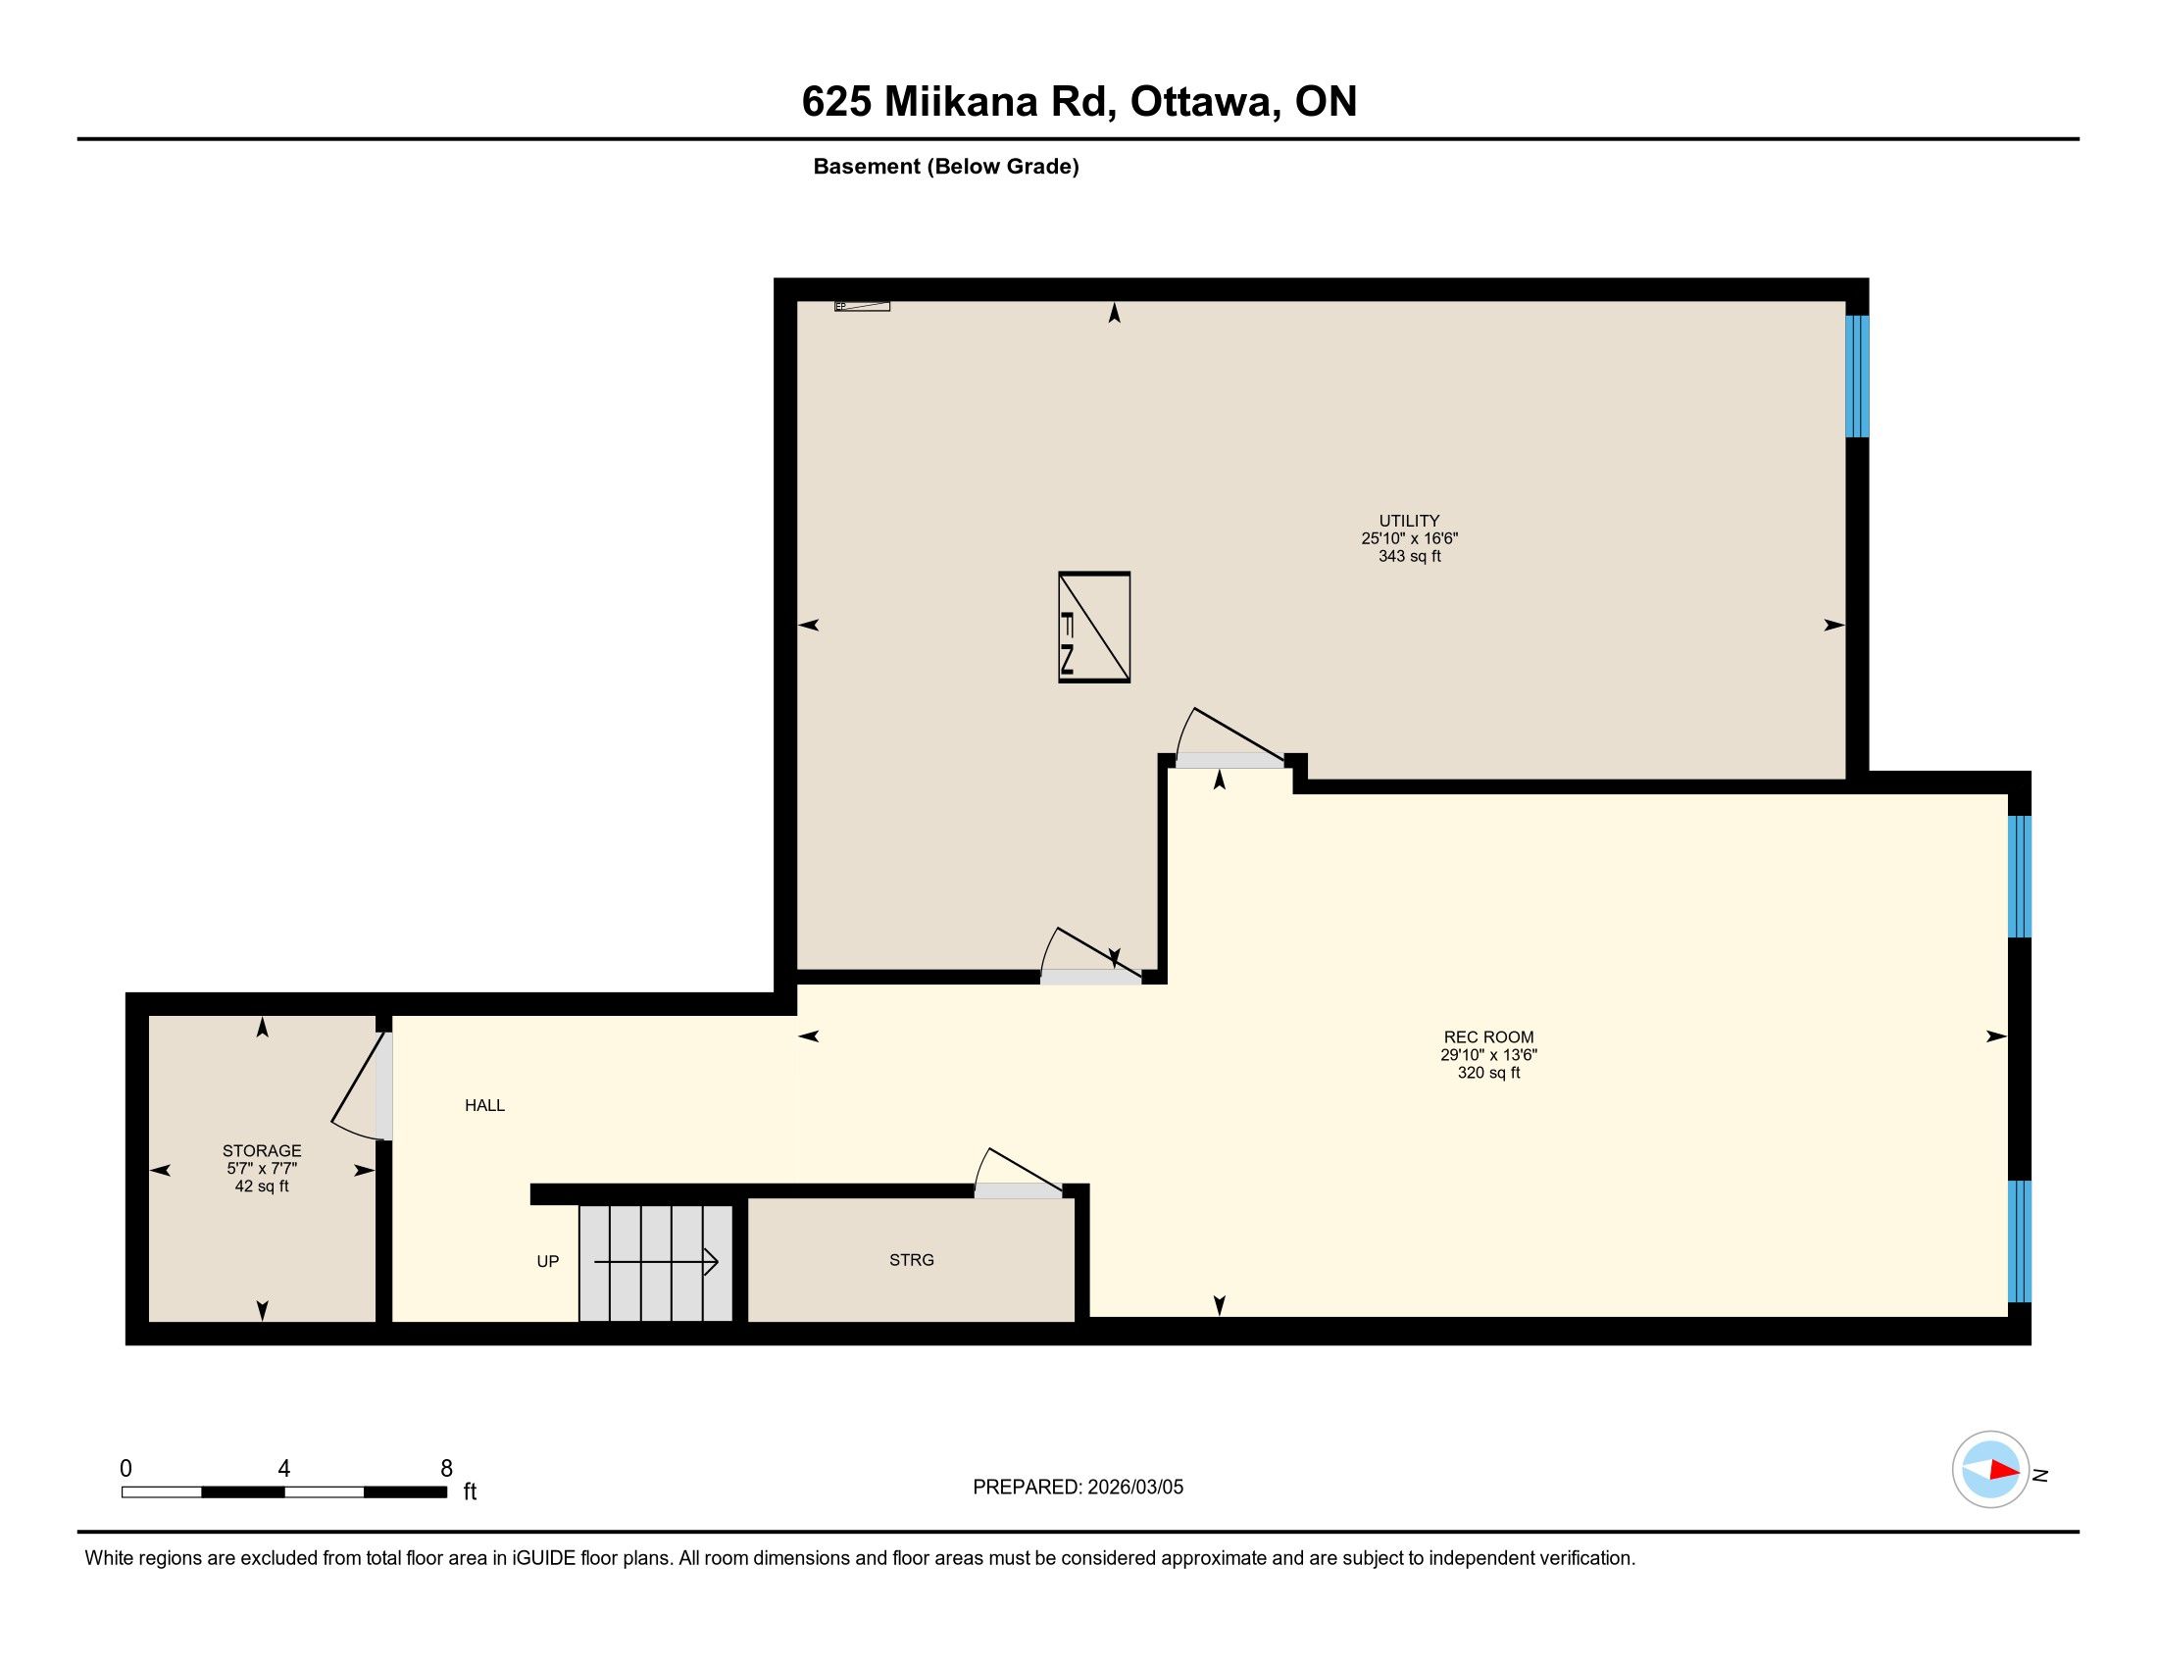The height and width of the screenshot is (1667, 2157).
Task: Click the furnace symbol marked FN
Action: point(1094,628)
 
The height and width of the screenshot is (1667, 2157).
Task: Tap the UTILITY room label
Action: point(1409,521)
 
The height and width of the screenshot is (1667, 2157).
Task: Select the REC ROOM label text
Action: point(1488,1036)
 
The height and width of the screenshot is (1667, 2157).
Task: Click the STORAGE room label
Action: point(262,1150)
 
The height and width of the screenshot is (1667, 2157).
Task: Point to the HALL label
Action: point(485,1105)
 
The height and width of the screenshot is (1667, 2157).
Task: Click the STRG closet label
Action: point(912,1260)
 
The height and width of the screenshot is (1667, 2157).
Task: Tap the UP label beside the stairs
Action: point(547,1261)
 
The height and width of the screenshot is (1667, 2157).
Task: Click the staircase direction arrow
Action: point(656,1262)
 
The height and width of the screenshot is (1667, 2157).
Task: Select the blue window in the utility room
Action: point(1857,377)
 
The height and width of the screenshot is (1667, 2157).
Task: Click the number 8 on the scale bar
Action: point(446,1469)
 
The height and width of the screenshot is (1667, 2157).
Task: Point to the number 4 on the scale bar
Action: point(284,1469)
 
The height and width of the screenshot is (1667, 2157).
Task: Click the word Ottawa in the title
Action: point(1202,102)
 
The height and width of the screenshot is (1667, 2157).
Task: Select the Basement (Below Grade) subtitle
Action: point(946,167)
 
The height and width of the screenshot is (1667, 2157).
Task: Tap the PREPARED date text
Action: point(1078,1488)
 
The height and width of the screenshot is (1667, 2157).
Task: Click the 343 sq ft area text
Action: point(1409,556)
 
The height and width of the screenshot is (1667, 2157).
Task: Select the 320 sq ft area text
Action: point(1488,1073)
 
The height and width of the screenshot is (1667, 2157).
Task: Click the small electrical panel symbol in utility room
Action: point(862,306)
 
